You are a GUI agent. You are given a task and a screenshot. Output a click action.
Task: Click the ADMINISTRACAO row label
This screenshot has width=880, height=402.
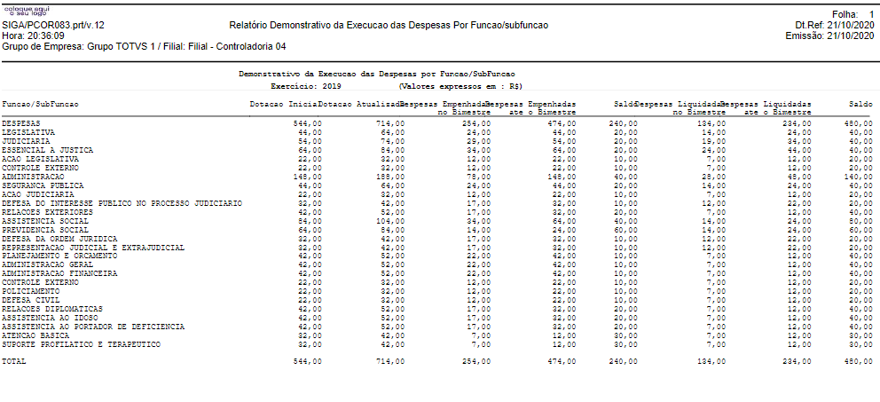(x=28, y=177)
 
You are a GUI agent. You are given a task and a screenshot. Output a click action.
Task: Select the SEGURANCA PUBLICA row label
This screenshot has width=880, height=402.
(x=34, y=185)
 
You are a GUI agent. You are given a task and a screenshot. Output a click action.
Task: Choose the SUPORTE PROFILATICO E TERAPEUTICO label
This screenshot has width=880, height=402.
(x=68, y=344)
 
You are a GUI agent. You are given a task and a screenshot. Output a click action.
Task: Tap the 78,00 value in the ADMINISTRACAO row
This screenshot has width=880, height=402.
(x=478, y=177)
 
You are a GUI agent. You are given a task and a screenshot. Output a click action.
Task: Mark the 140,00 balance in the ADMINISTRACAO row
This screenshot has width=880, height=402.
(x=858, y=177)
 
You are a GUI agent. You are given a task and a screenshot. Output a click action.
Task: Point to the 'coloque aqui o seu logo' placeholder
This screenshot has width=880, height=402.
(x=21, y=10)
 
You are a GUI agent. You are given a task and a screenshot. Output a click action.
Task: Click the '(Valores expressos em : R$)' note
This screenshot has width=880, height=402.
(x=460, y=87)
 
